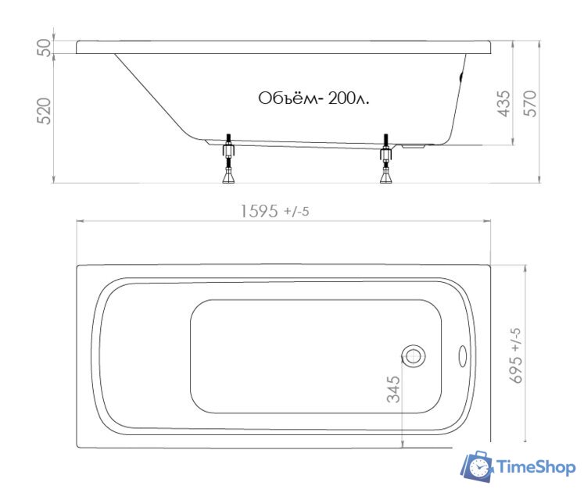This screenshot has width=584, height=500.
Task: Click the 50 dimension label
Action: point(45,47)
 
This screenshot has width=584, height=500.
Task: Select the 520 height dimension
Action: point(45,111)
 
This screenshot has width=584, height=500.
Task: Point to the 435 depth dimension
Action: point(504,103)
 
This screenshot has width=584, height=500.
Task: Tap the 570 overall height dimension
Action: point(530,103)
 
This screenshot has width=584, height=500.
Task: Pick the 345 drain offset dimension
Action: point(392,390)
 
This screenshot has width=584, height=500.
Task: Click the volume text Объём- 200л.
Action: point(313,98)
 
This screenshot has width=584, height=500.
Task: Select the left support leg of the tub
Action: point(228,159)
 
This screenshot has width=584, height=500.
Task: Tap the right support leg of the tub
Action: point(385,159)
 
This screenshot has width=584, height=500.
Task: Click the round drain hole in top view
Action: point(413,356)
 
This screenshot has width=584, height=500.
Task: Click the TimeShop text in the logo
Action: point(536,467)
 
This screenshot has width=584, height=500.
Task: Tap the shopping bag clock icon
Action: point(477,466)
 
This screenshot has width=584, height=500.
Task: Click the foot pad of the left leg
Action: point(228,179)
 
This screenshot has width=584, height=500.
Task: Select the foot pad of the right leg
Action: point(385,179)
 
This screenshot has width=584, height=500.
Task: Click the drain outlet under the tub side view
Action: point(414,145)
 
